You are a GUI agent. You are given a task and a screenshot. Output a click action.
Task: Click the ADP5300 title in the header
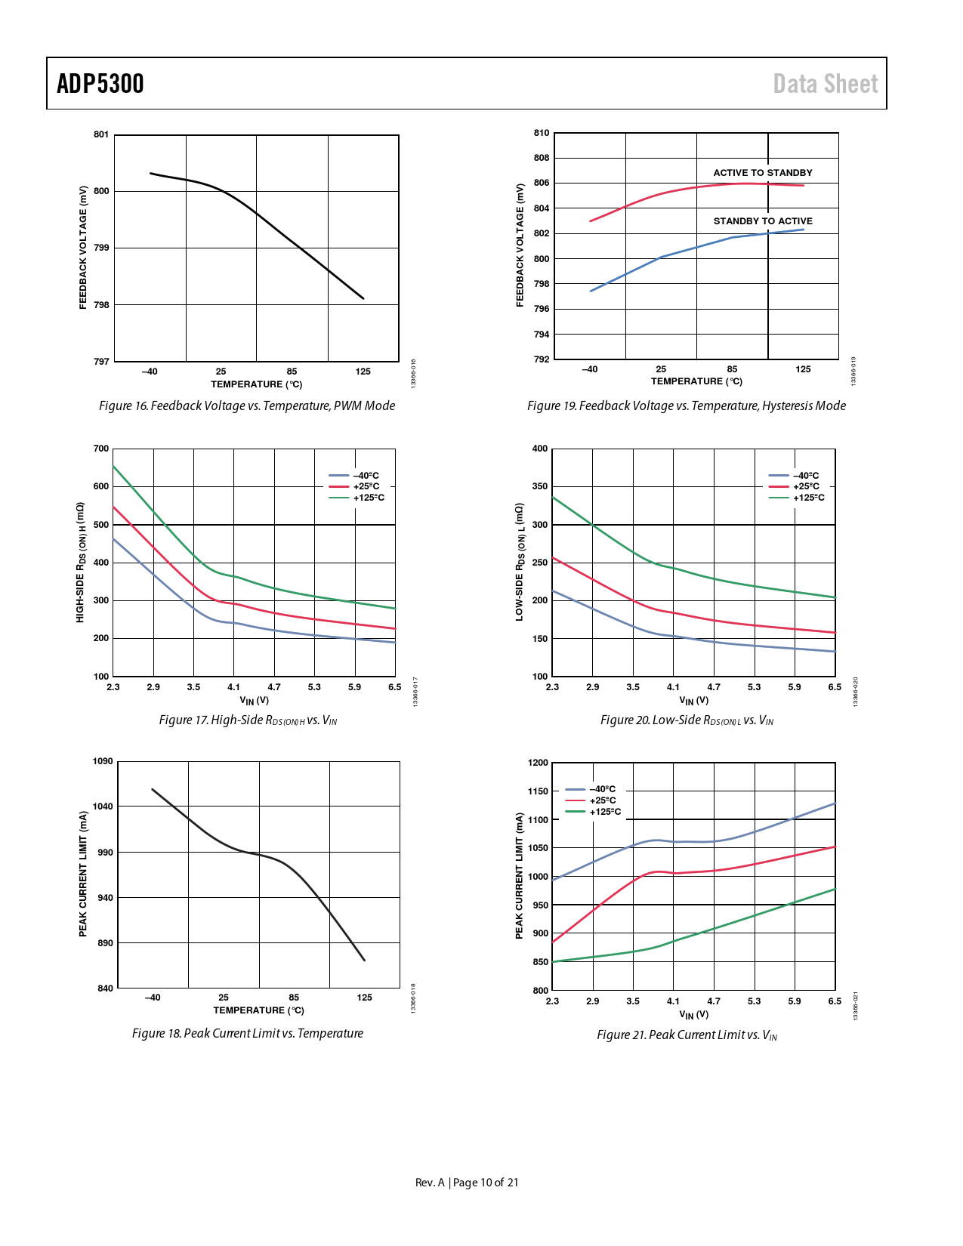click(x=100, y=84)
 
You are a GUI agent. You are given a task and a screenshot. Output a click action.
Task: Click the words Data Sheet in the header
click(x=825, y=84)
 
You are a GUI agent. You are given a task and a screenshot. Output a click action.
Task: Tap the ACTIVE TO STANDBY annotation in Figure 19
click(x=762, y=173)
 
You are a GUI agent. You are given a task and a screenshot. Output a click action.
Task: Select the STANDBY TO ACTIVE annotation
click(x=762, y=221)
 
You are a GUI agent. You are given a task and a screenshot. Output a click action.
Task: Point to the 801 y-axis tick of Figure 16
click(x=101, y=135)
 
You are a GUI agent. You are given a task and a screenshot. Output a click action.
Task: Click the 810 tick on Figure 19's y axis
click(x=542, y=133)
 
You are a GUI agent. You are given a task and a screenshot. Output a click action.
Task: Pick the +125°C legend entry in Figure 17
click(x=368, y=498)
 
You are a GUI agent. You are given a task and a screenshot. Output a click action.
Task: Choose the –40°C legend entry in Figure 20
click(x=805, y=476)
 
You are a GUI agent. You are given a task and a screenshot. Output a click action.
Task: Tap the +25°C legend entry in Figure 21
click(x=602, y=800)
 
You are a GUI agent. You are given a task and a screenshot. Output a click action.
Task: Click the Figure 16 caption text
click(x=247, y=406)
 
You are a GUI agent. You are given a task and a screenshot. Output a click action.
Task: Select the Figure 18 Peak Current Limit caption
click(x=247, y=1034)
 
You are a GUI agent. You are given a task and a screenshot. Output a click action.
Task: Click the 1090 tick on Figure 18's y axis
click(x=103, y=761)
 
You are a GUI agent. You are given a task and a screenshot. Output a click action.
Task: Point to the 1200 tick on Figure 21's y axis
click(x=539, y=763)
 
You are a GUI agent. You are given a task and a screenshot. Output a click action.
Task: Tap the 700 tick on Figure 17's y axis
click(x=101, y=449)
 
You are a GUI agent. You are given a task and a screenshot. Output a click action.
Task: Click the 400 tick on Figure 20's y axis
click(x=540, y=449)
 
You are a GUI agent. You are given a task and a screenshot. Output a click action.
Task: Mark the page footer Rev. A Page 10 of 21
click(x=467, y=1183)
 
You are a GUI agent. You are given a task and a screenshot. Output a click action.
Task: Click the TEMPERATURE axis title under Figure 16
click(x=256, y=384)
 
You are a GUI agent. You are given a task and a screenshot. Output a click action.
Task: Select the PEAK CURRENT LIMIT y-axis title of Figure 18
click(x=83, y=874)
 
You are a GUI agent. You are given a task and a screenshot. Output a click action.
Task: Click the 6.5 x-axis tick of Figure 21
click(x=835, y=1001)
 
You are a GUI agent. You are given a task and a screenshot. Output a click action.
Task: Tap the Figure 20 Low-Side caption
click(x=687, y=720)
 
